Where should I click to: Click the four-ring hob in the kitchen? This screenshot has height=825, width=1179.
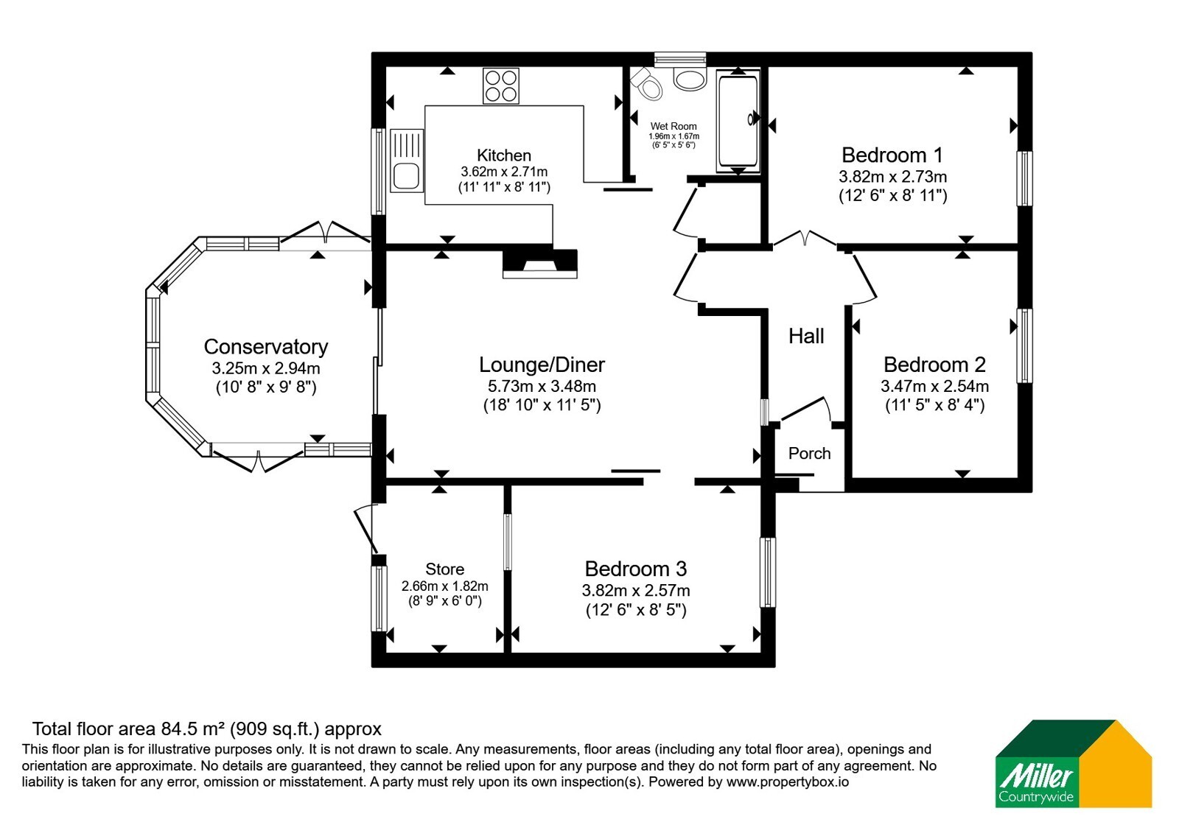coord(501,85)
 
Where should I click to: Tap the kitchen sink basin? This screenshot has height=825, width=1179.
coord(406,175)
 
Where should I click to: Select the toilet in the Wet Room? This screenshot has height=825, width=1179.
coord(647,83)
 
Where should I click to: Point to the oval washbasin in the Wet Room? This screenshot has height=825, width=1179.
coord(690,79)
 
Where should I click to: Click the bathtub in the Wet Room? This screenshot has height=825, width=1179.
coord(738,121)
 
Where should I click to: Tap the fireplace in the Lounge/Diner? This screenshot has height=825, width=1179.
coord(540,263)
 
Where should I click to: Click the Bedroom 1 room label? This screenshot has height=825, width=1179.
coord(892,155)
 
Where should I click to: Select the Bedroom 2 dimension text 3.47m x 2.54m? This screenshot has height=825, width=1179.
coord(935,386)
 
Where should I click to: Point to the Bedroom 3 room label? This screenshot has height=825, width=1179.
coord(636,569)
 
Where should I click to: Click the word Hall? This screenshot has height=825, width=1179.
coord(806,336)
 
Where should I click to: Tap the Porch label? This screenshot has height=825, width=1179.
coord(810,453)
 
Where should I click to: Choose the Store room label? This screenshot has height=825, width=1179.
coord(445,569)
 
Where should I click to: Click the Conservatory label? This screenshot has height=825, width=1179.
coord(266,347)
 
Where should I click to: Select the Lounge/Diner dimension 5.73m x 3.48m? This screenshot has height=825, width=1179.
coord(542,386)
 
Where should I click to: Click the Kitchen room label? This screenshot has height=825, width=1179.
coord(504,155)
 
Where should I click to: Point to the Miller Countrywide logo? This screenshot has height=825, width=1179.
coord(1074,763)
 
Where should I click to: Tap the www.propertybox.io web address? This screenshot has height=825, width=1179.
coord(788,782)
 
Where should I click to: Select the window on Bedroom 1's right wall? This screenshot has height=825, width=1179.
coord(1024,178)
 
